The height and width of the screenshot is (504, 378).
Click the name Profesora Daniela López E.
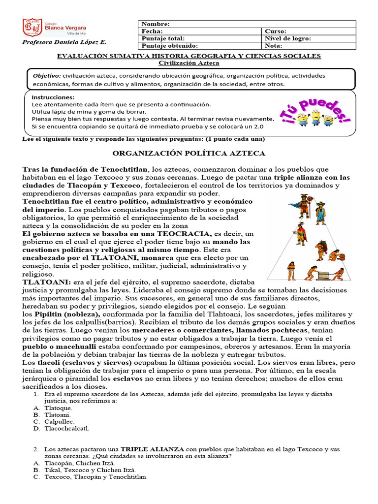[64, 42]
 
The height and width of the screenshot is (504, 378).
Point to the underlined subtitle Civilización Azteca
[182, 63]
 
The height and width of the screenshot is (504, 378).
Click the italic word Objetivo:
[46, 76]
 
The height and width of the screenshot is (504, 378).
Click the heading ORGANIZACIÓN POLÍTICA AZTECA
[189, 154]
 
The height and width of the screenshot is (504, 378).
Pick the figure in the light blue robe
[321, 213]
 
